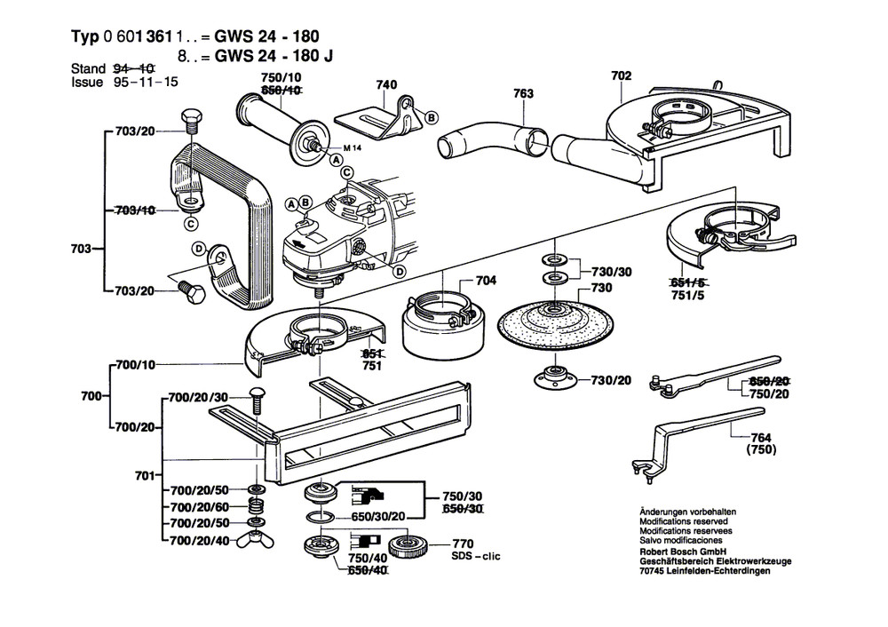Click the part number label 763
pos(524,92)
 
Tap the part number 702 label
pos(621,76)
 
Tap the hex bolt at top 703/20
pos(189,121)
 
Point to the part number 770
pos(463,544)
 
